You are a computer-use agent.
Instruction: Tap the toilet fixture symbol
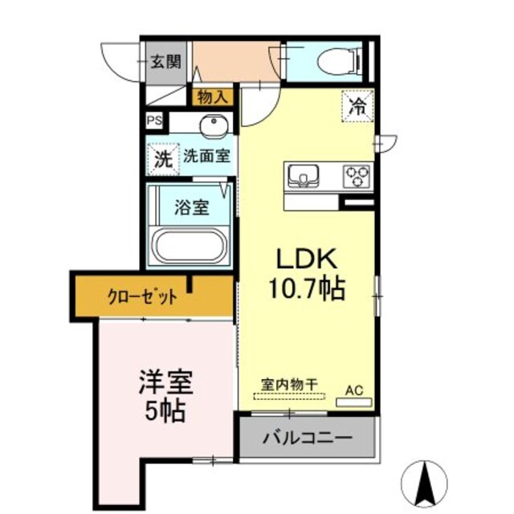coord(338,62)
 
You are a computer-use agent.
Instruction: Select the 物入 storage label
coord(211,97)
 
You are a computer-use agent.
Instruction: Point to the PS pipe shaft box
coord(153,120)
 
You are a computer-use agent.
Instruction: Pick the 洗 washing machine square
coord(163,158)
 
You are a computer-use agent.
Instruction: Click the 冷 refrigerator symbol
coord(359,105)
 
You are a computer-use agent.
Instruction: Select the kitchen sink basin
coord(305,175)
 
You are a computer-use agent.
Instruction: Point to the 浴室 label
coord(192,207)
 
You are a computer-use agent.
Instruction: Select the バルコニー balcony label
coord(308,439)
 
